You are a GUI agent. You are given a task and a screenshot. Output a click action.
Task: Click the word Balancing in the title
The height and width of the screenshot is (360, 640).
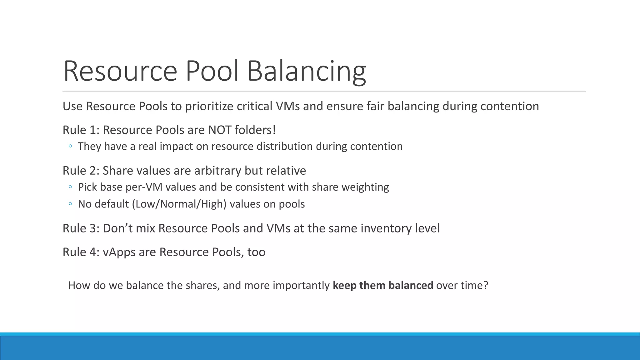(x=306, y=71)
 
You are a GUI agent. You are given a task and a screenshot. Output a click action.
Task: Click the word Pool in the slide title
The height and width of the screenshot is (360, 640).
(x=212, y=71)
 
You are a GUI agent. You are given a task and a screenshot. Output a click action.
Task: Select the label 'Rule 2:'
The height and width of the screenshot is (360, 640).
(x=81, y=171)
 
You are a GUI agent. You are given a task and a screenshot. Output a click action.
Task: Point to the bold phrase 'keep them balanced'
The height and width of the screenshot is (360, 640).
(x=383, y=285)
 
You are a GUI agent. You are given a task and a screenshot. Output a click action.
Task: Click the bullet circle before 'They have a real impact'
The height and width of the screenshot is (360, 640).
(x=70, y=146)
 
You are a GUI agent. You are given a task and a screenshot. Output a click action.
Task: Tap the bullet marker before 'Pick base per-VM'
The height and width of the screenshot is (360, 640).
(x=70, y=187)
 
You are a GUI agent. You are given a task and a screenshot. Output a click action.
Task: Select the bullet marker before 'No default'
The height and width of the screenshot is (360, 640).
(x=70, y=204)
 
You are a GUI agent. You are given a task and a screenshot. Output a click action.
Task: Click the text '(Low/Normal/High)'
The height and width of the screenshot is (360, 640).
(x=179, y=204)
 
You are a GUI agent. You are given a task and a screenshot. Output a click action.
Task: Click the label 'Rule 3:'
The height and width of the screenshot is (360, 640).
(x=81, y=228)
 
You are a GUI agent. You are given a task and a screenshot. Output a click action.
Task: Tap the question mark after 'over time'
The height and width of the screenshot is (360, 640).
(x=485, y=285)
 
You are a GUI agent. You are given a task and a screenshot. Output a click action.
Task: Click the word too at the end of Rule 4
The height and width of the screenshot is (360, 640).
(x=256, y=252)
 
